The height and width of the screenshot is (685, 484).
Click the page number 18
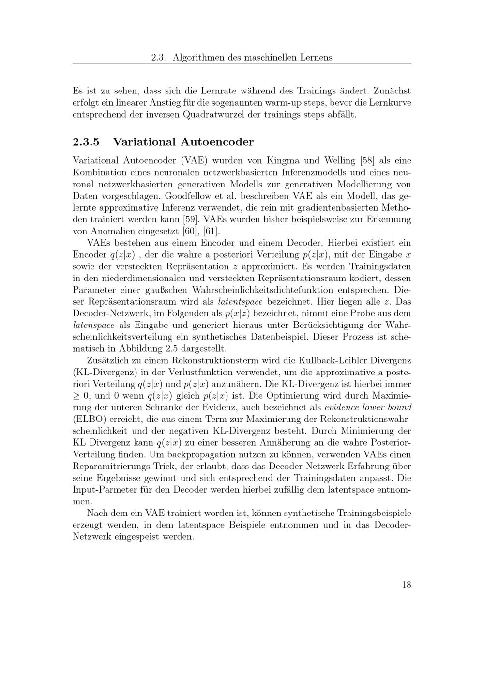coord(406,585)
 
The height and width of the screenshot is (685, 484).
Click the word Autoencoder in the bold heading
coord(217,142)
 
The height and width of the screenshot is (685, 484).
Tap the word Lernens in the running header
coord(317,57)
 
